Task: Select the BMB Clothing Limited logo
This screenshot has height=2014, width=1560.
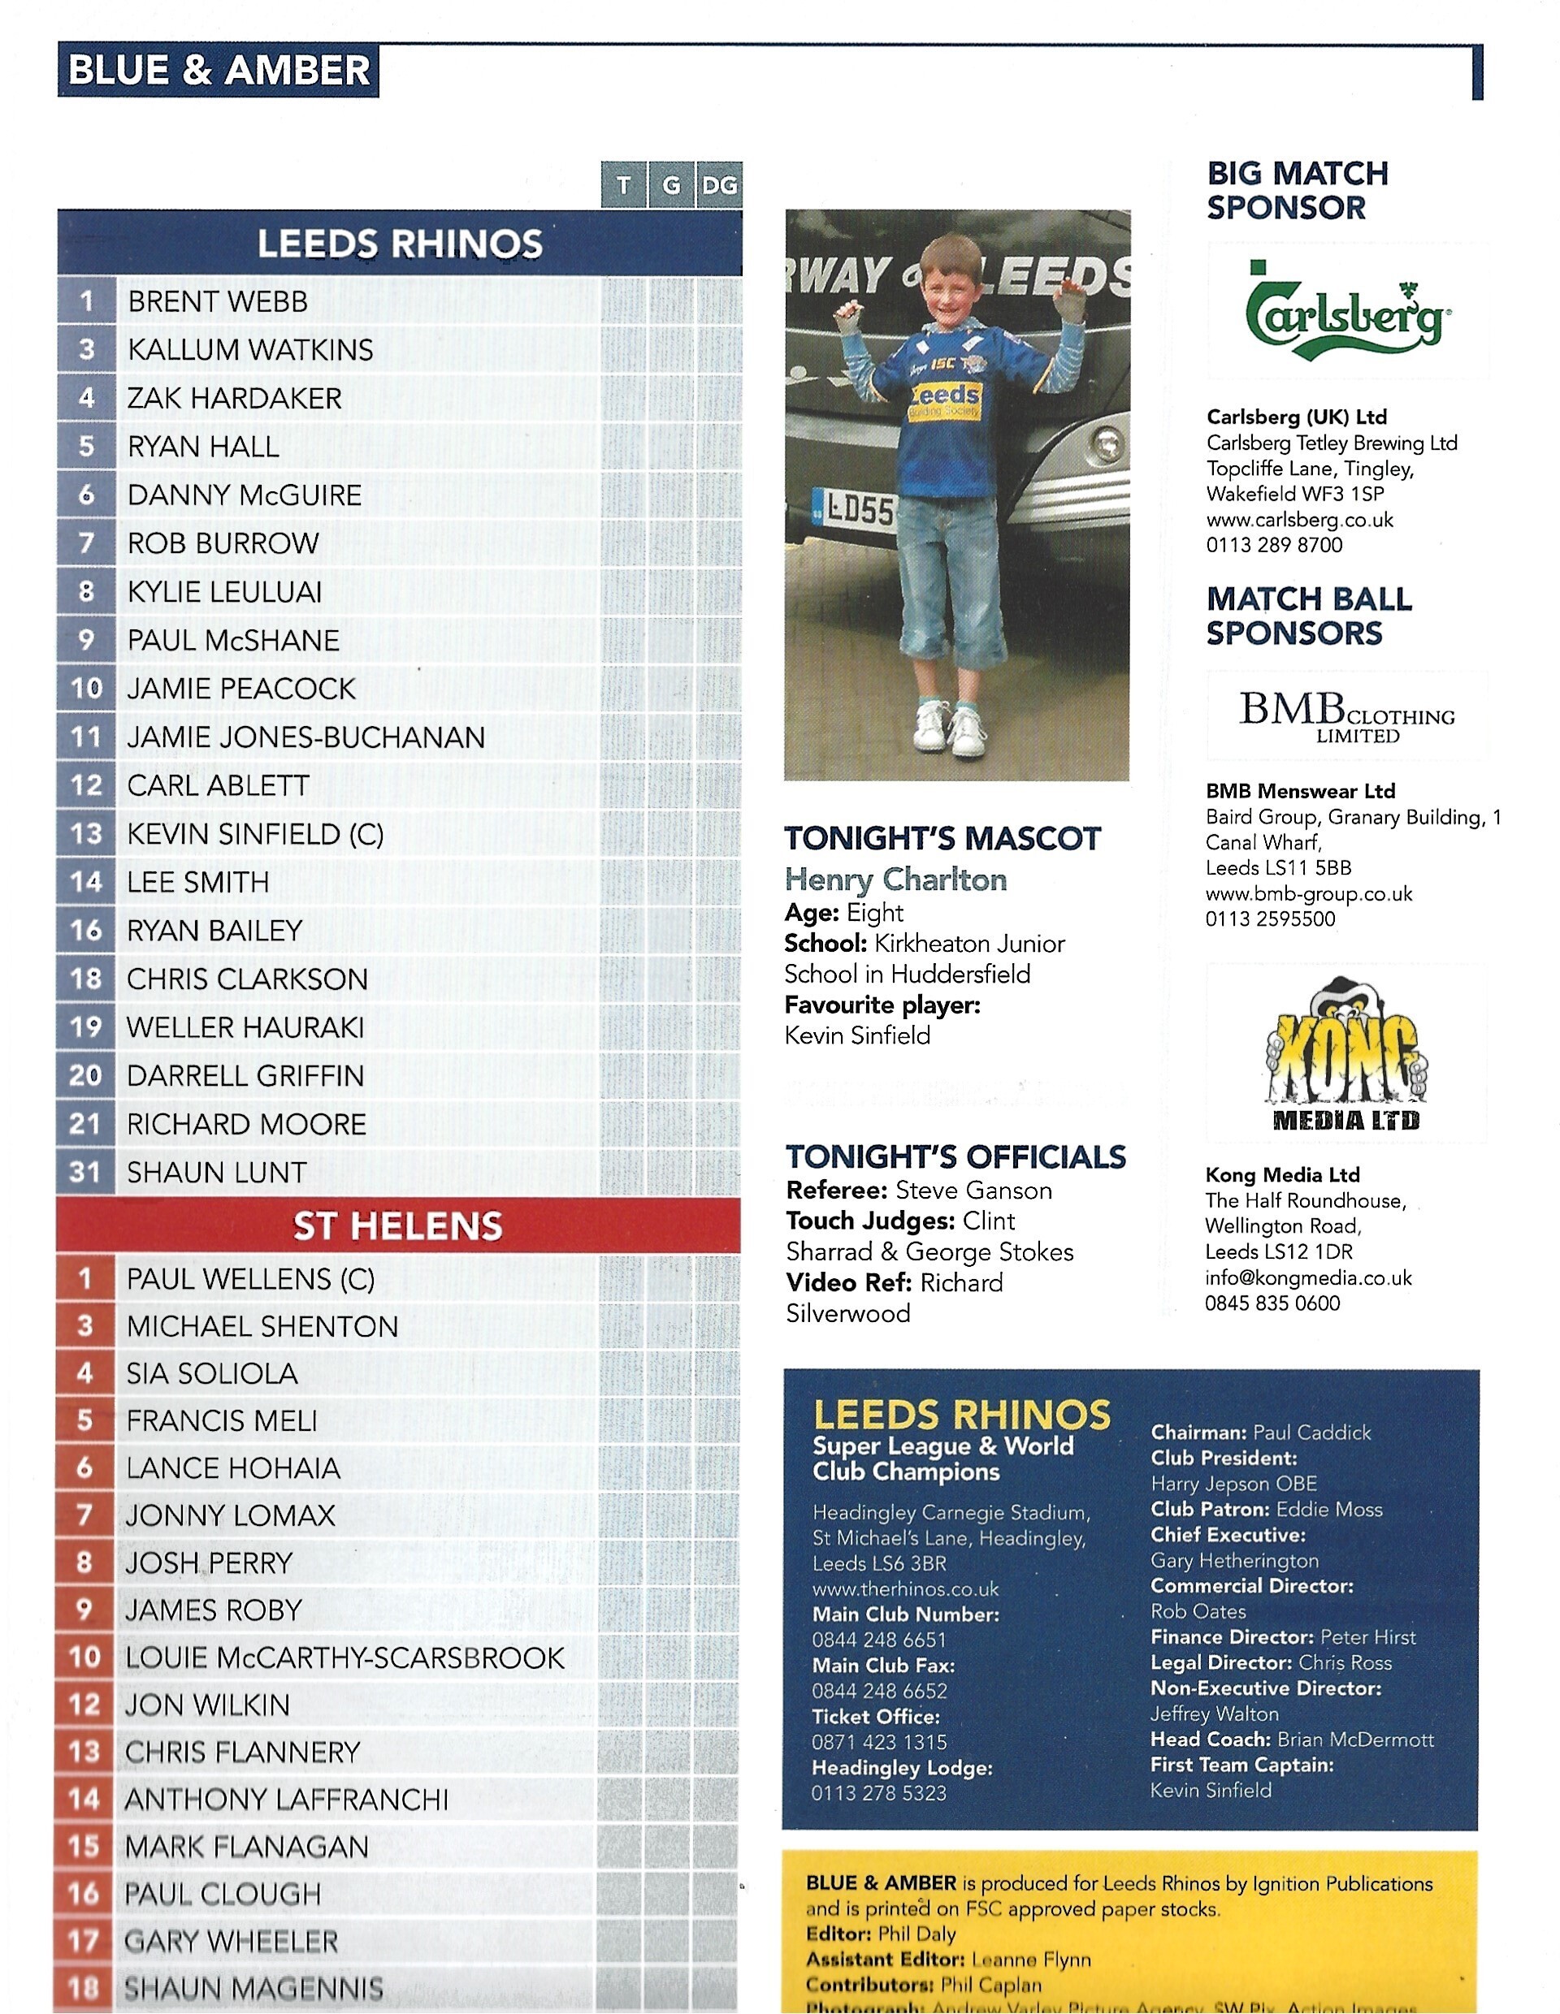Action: click(1346, 716)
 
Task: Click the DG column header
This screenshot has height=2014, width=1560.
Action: click(718, 185)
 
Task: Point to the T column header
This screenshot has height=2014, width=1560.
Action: click(624, 185)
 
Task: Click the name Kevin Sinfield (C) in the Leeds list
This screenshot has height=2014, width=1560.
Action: click(256, 835)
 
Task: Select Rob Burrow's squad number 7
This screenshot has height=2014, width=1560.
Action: click(86, 543)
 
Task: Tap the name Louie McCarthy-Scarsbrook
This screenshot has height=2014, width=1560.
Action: click(345, 1658)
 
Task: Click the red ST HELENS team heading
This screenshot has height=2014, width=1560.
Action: click(397, 1226)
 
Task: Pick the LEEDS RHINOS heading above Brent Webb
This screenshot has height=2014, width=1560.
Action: click(400, 244)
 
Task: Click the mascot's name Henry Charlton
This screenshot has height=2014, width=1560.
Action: click(895, 880)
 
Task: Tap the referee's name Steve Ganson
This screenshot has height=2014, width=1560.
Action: click(973, 1191)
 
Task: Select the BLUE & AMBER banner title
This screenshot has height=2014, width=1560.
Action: click(219, 71)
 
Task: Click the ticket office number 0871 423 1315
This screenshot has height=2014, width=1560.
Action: click(879, 1742)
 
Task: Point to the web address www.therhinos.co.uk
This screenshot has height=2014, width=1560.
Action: click(905, 1589)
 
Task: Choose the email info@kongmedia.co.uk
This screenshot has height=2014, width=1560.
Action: click(1308, 1278)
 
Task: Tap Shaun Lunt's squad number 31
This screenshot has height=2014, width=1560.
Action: click(84, 1173)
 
